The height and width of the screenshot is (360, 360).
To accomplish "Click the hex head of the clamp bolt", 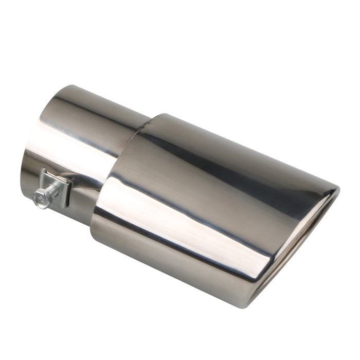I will click(x=41, y=197).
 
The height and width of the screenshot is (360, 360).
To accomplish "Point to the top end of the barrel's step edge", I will click(x=154, y=117).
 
